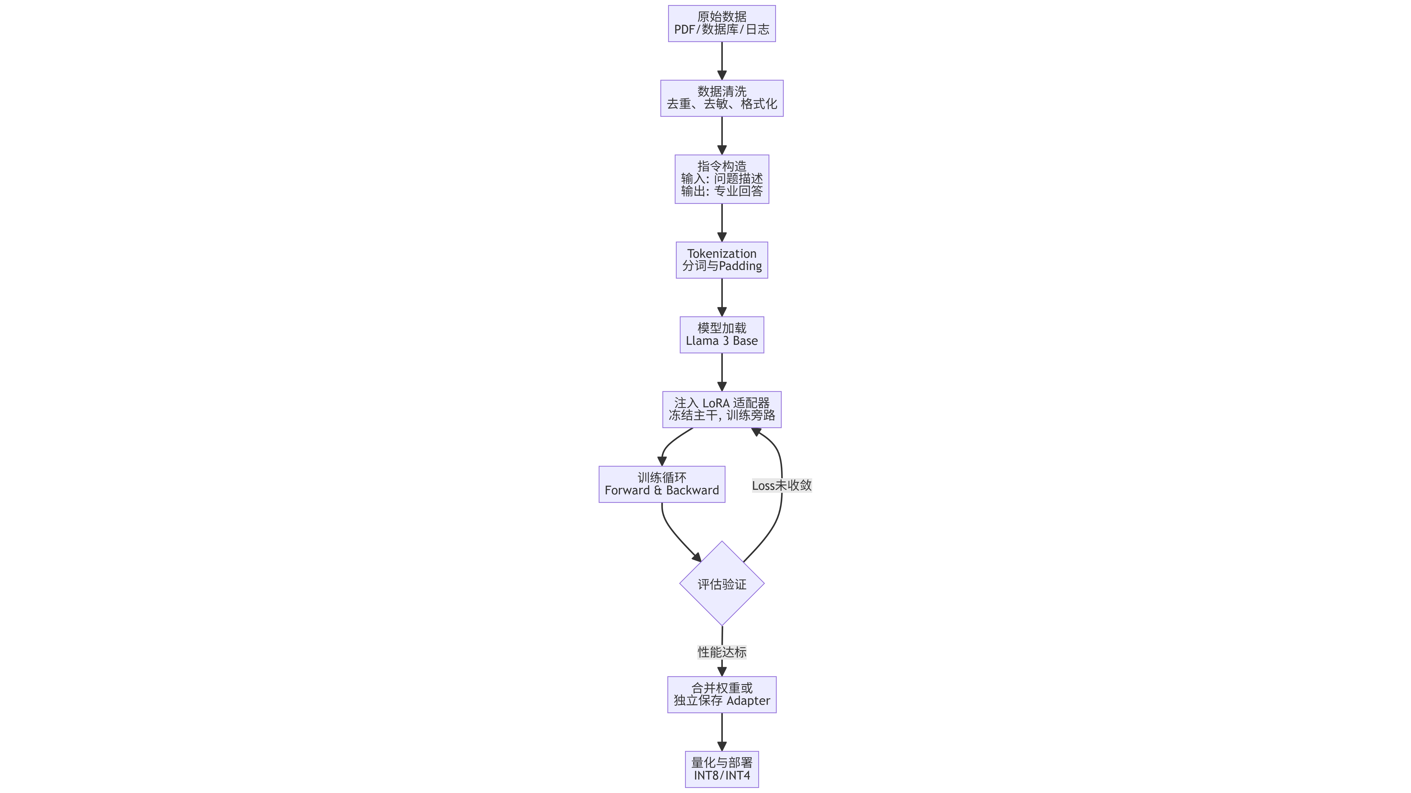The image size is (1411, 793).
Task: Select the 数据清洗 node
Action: coord(721,98)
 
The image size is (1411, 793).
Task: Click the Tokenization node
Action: coord(721,260)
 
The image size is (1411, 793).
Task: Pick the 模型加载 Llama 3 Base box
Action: coord(721,335)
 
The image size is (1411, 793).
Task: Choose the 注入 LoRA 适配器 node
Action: coord(721,409)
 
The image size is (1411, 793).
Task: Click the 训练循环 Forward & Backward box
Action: coord(662,484)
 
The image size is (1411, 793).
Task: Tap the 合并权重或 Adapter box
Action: coord(721,694)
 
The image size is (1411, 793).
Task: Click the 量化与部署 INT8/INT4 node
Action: coord(721,769)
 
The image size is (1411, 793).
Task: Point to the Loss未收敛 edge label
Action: coord(782,485)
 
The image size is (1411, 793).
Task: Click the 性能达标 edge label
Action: coord(721,652)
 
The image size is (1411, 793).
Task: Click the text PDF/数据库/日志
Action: coord(721,30)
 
